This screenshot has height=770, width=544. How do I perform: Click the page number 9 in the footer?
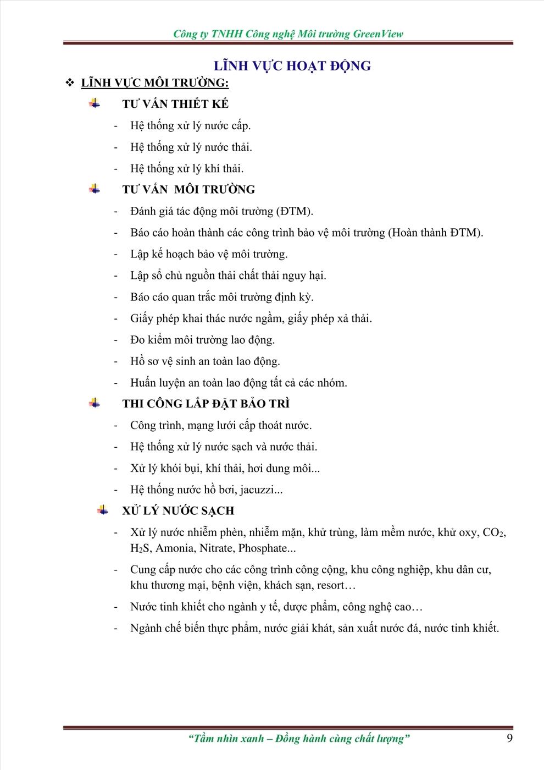(x=509, y=738)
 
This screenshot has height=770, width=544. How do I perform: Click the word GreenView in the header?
(x=378, y=34)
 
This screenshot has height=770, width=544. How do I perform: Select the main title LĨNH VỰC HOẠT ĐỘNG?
(x=292, y=66)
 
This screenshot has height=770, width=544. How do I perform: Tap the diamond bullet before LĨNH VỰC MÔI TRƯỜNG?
(x=70, y=83)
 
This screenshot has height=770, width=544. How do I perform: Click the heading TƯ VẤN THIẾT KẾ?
(x=175, y=104)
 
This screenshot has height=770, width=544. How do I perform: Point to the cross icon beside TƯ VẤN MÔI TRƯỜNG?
(x=95, y=189)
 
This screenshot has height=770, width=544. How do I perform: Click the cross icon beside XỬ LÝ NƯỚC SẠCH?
(x=103, y=510)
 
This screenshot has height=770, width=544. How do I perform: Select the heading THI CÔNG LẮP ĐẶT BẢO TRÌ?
(x=206, y=404)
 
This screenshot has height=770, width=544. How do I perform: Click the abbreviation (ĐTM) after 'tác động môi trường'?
(x=295, y=211)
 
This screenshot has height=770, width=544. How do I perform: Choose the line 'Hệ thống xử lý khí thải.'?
(x=187, y=168)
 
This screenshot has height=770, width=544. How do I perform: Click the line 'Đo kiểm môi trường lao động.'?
(x=202, y=340)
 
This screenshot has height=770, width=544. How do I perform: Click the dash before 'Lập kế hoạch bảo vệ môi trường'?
(x=116, y=254)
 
